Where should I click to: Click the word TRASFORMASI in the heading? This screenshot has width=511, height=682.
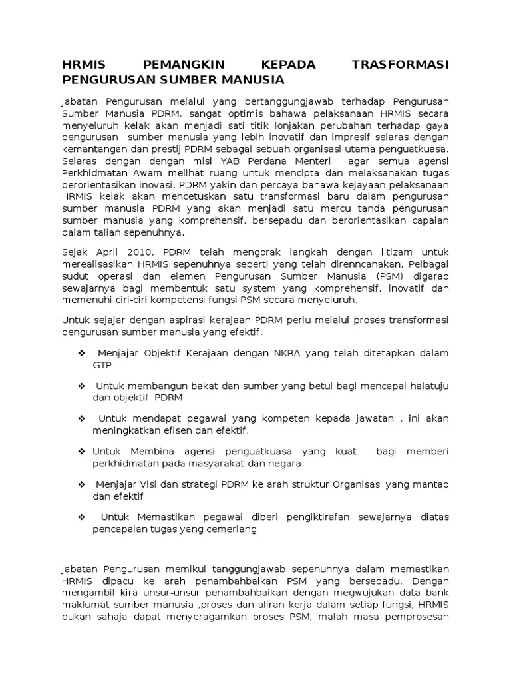(400, 64)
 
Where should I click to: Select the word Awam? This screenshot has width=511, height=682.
(152, 173)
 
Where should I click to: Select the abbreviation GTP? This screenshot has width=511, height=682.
(102, 365)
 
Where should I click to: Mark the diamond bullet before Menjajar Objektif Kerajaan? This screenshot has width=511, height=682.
(81, 352)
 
